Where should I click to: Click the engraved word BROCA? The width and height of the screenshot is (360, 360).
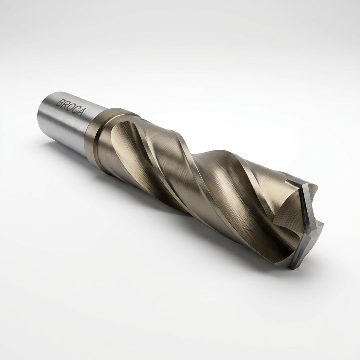tap(70, 107)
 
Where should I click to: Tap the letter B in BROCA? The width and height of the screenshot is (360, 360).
tap(59, 102)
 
